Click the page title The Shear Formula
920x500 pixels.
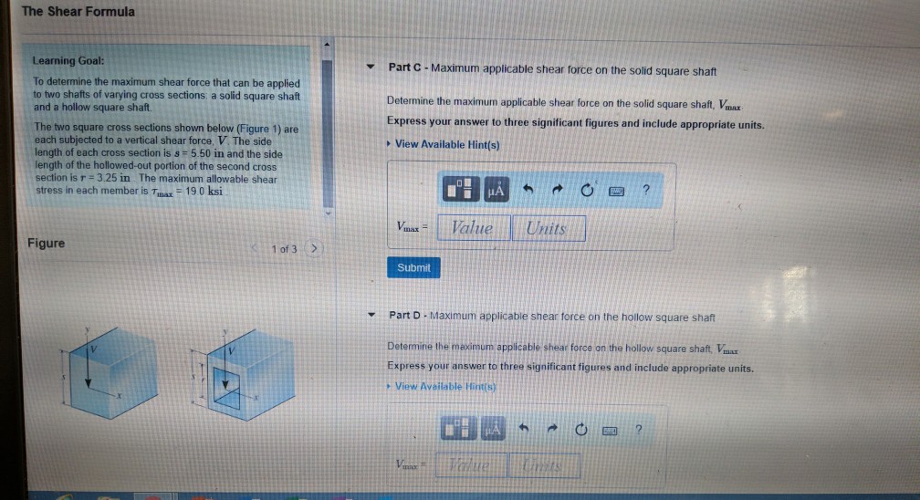tap(78, 12)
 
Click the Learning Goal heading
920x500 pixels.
tap(68, 60)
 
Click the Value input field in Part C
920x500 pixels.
tap(471, 229)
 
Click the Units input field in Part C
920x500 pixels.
tap(547, 229)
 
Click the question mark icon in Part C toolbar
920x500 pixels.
tap(645, 190)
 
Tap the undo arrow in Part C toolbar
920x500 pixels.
tap(527, 190)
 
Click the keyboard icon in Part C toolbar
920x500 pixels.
tap(616, 190)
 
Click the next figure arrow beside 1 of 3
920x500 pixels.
tap(314, 248)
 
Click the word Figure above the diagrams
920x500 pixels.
tap(46, 244)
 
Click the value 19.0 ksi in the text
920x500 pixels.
tap(203, 191)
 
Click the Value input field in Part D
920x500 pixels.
tap(469, 467)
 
